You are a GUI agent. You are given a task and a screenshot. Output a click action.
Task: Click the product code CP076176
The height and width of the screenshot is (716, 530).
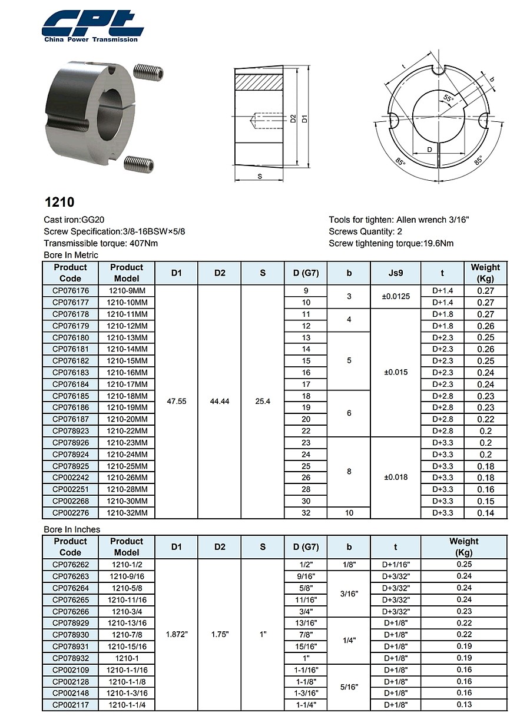[x=70, y=291]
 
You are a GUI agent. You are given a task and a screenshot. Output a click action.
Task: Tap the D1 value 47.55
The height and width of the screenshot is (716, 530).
[x=177, y=402]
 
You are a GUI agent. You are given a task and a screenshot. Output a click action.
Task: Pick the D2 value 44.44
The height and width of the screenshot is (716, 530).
[x=220, y=402]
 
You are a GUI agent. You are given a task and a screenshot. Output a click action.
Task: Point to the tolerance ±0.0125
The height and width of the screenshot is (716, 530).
[x=396, y=296]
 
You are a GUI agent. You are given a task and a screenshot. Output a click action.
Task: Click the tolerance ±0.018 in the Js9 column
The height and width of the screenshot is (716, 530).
[x=396, y=478]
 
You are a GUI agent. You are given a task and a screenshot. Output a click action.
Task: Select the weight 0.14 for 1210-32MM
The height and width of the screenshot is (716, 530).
[x=485, y=513]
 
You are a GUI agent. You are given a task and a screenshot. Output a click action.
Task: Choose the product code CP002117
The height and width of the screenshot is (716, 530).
[x=70, y=705]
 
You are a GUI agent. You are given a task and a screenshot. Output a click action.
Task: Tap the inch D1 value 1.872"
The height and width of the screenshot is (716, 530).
[x=177, y=634]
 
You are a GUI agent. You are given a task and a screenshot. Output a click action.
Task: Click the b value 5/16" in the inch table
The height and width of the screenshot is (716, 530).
[x=349, y=687]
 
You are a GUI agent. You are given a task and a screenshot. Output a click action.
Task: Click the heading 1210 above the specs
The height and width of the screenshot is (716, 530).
[x=59, y=202]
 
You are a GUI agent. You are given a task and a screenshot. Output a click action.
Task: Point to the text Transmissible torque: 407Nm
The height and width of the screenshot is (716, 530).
[x=101, y=243]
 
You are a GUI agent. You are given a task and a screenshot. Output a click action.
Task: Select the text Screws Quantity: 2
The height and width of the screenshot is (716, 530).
[x=365, y=231]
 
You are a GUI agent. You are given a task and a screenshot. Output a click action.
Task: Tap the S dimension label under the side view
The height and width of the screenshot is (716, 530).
[x=260, y=176]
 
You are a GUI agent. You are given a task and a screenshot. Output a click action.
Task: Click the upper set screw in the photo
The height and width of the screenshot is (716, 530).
[x=148, y=71]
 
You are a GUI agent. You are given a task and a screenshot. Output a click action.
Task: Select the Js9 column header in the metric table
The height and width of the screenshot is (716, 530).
[x=396, y=273]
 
